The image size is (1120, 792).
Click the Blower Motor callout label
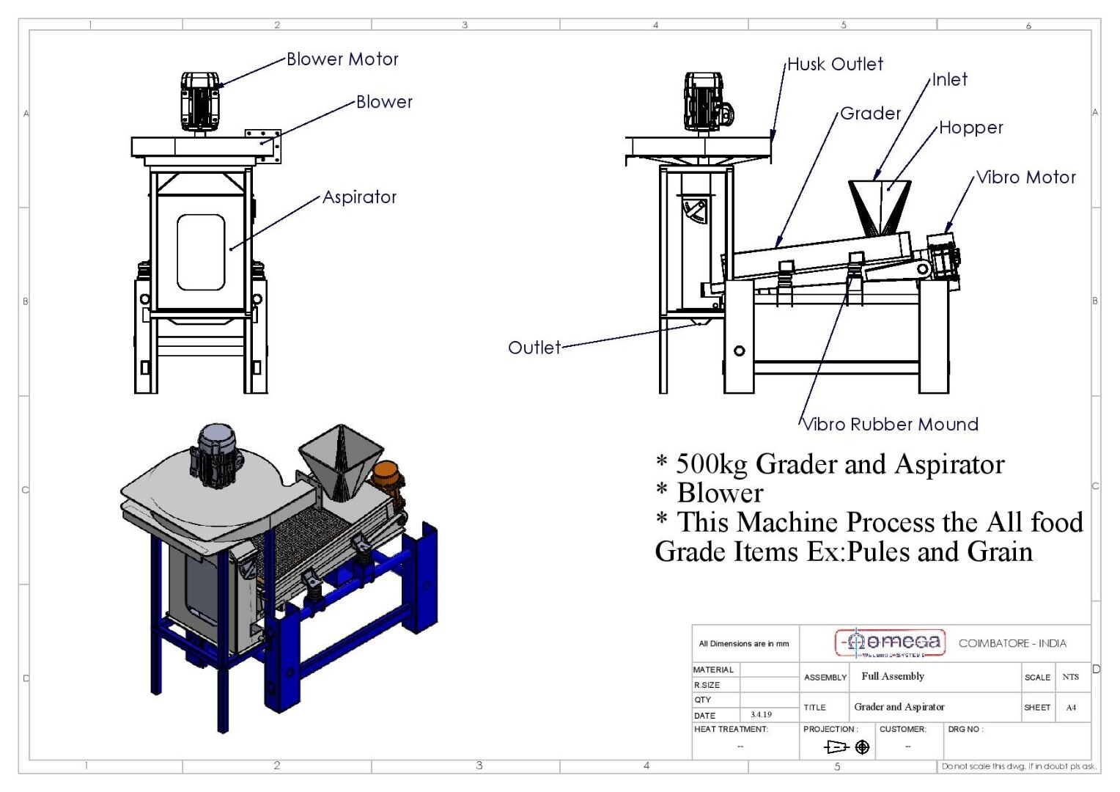[342, 59]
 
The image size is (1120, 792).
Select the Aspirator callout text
[359, 197]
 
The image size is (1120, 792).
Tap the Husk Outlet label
[835, 65]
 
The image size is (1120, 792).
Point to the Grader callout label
[870, 114]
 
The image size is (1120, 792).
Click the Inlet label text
[949, 80]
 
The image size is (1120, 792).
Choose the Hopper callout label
[970, 128]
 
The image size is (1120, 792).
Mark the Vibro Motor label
[1026, 177]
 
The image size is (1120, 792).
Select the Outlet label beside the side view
[534, 348]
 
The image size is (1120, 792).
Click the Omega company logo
[891, 643]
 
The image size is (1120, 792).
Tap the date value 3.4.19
[761, 714]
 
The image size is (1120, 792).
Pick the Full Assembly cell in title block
[893, 676]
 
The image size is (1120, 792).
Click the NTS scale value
[1070, 677]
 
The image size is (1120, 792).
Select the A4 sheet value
[1071, 708]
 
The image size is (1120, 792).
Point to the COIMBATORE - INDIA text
[1012, 643]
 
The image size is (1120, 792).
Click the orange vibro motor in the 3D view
[386, 474]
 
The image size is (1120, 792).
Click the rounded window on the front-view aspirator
[201, 252]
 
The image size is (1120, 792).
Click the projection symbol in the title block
[847, 747]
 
